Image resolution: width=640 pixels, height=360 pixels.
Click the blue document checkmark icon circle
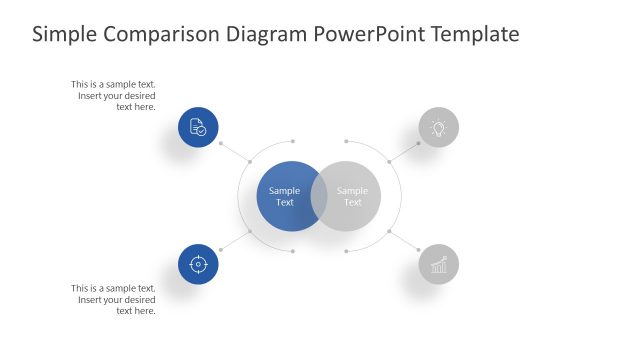(198, 128)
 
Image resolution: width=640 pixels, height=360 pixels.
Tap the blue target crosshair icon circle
(198, 264)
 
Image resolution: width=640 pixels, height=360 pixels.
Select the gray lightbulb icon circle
(438, 128)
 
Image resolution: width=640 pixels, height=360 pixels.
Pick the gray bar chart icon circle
(438, 264)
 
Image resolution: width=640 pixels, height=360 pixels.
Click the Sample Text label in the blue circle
(285, 196)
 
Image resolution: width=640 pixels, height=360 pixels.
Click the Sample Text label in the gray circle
(353, 196)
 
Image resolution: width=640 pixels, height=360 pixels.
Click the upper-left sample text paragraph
(114, 95)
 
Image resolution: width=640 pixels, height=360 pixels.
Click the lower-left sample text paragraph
(114, 299)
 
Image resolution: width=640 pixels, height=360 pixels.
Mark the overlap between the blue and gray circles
(319, 196)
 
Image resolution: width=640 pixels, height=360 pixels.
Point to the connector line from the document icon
(234, 150)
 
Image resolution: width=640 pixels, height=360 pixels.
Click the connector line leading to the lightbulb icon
(404, 150)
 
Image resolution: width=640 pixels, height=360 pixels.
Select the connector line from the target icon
(234, 241)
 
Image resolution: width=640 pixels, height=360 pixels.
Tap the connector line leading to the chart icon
(404, 241)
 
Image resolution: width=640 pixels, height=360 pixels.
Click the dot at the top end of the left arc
(292, 141)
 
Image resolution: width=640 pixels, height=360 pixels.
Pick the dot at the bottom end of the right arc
(346, 251)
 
